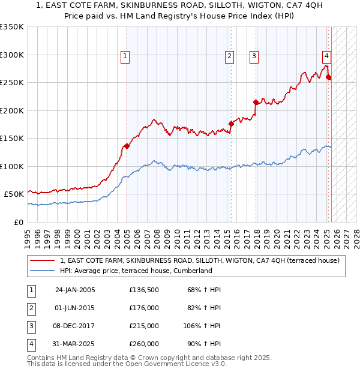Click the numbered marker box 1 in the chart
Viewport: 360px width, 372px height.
[125, 56]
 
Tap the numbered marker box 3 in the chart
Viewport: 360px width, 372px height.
[254, 56]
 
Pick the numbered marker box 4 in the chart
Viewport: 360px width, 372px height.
[326, 56]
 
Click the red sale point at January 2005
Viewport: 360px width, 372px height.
[127, 146]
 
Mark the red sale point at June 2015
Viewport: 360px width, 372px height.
[231, 124]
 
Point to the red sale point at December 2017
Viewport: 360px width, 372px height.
[256, 102]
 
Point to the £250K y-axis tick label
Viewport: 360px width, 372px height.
[12, 83]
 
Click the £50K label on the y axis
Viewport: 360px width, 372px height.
[14, 194]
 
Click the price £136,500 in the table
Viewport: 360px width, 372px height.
[144, 290]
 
